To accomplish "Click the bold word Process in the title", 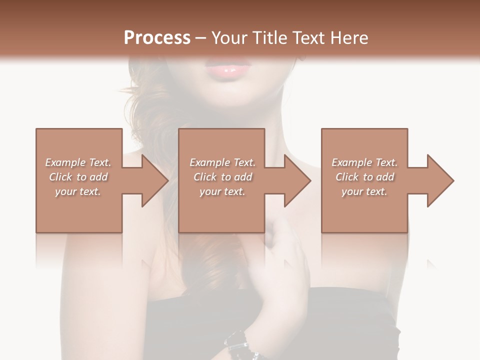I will [157, 37].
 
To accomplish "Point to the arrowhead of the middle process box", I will [296, 180].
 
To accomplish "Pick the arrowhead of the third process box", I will [439, 180].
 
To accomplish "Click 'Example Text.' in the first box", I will [78, 162].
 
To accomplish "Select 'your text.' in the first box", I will [78, 191].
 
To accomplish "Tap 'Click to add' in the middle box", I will [222, 177].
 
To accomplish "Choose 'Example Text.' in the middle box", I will [222, 162].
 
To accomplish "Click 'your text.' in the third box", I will [364, 191].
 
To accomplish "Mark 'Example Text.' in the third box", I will [364, 162].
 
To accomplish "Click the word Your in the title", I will [229, 37].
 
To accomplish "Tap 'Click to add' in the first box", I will [78, 177].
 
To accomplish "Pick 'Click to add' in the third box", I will [364, 177].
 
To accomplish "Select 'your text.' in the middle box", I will [222, 191].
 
